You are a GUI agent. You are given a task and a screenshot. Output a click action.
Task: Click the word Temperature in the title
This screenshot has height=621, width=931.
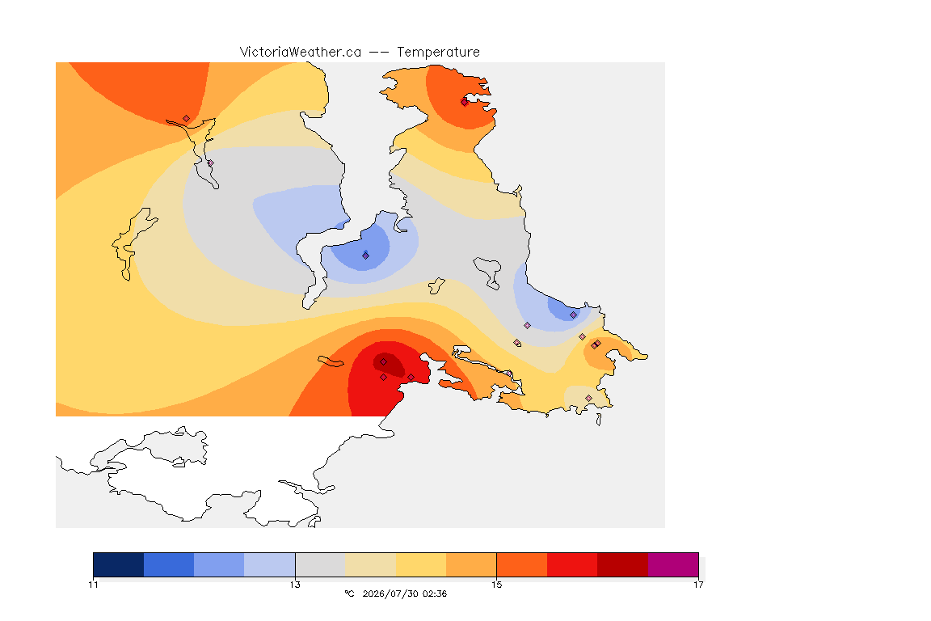(x=438, y=53)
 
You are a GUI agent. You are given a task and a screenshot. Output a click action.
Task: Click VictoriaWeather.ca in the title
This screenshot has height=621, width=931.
(x=301, y=53)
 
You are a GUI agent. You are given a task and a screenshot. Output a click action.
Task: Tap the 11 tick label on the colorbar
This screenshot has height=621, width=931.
(x=93, y=585)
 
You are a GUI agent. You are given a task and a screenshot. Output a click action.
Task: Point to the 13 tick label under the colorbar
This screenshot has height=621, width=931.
(x=295, y=585)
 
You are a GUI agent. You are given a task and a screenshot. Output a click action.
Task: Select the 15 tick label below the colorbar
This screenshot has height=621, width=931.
(x=496, y=585)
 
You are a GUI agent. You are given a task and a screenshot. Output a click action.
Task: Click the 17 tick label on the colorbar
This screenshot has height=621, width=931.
(x=698, y=585)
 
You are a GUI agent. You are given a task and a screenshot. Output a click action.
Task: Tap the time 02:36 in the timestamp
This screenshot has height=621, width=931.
(x=435, y=594)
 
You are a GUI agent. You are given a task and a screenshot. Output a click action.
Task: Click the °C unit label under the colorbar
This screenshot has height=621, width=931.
(x=349, y=594)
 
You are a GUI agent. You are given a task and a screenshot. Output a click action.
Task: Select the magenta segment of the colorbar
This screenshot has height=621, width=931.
(x=673, y=564)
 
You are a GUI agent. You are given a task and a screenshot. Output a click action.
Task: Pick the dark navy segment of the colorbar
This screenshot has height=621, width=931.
(x=119, y=564)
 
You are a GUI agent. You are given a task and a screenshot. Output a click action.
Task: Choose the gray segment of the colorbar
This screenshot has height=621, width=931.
(x=320, y=564)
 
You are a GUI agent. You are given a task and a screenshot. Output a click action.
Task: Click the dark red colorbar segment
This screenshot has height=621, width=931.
(x=623, y=564)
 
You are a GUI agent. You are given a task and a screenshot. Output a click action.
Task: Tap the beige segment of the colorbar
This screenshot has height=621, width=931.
(x=370, y=564)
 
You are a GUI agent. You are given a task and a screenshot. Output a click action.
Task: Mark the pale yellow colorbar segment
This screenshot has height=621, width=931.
(x=421, y=564)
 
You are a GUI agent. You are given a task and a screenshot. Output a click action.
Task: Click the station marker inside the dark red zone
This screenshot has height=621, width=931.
(x=384, y=362)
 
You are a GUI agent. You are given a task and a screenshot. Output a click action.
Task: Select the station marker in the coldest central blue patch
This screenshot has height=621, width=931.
(x=366, y=256)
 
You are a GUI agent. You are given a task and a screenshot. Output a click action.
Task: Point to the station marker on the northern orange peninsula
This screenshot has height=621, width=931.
(x=465, y=102)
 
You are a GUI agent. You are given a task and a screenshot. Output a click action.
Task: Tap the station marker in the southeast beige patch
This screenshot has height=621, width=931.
(x=588, y=398)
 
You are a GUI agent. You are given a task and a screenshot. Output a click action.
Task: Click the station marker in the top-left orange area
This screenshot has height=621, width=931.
(x=187, y=119)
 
